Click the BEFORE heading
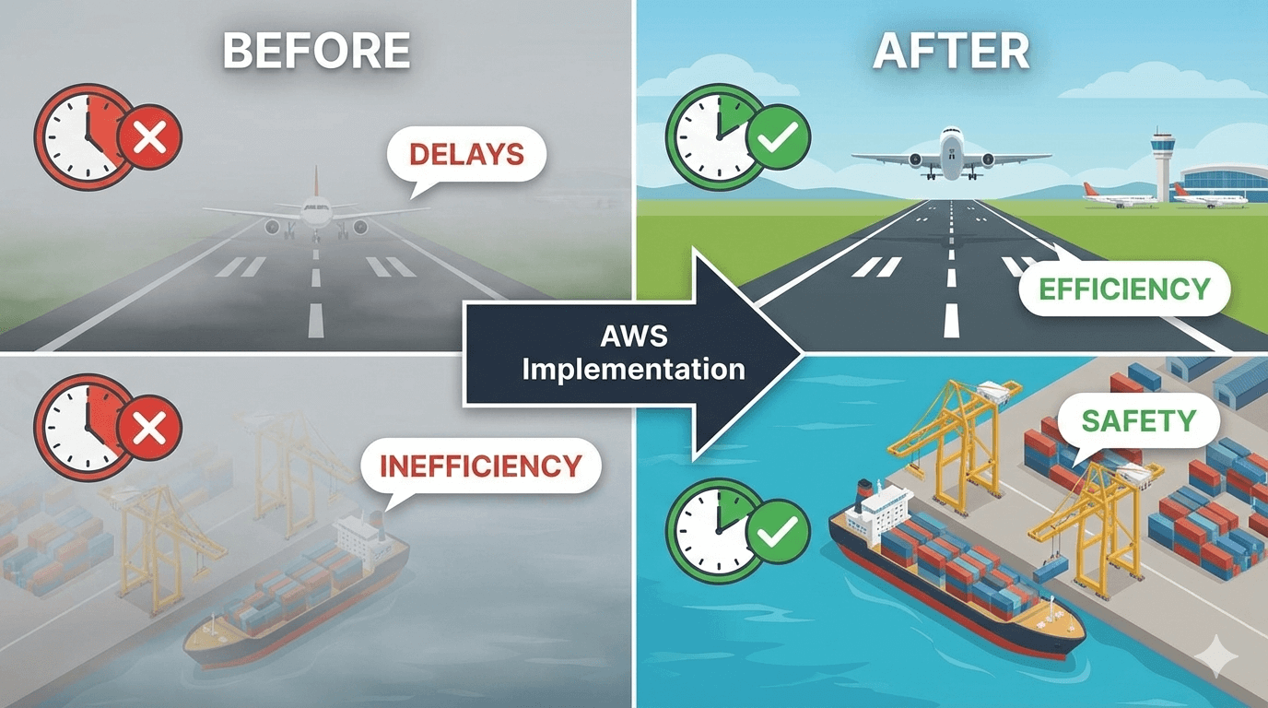[316, 52]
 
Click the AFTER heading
[951, 52]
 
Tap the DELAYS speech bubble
[466, 153]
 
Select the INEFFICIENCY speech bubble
[481, 465]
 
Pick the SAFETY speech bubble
[1139, 421]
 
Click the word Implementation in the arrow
[632, 370]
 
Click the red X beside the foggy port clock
[149, 428]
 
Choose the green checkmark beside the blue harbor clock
[777, 530]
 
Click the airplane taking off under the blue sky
[950, 153]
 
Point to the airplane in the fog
[314, 214]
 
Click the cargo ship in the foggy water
[295, 599]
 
